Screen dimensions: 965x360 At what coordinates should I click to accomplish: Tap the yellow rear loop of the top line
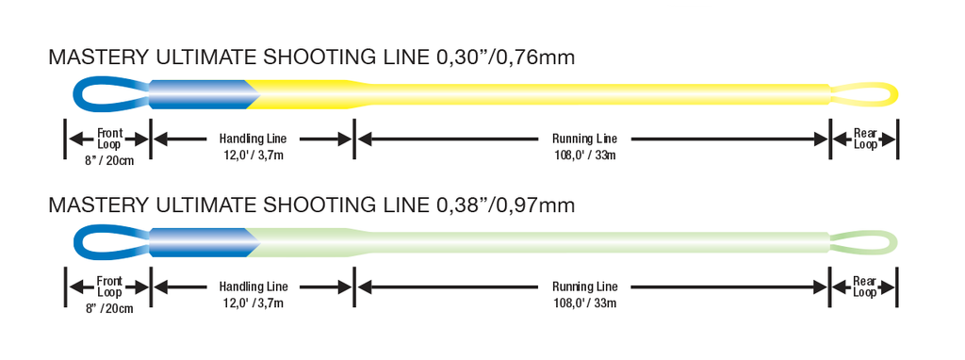(895, 94)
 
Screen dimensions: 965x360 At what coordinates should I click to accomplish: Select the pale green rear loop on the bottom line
(895, 242)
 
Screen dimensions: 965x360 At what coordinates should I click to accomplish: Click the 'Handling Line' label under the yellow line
(253, 139)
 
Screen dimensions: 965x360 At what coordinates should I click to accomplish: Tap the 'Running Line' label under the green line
(584, 286)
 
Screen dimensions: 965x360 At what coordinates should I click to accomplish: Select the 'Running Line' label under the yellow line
(584, 139)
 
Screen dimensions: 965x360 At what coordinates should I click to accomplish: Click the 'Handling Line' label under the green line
(253, 286)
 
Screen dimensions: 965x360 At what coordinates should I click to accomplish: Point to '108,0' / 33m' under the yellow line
(584, 155)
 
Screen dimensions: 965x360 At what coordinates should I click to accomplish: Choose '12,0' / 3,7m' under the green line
(253, 303)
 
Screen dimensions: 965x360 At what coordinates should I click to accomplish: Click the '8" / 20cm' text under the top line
(109, 161)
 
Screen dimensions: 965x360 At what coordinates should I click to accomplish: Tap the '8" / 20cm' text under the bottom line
(109, 309)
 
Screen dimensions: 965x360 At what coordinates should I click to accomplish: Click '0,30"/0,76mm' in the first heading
(505, 57)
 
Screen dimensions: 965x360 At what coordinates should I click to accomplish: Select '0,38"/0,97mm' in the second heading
(505, 205)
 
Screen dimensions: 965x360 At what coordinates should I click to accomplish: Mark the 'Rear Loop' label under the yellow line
(865, 139)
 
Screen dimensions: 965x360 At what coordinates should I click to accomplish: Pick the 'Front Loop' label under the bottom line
(109, 286)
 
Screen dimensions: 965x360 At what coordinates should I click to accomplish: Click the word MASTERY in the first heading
(98, 57)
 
